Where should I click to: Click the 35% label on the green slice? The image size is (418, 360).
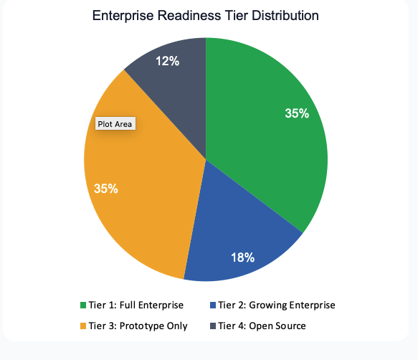[296, 113]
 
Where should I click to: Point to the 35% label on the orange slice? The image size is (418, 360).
[106, 189]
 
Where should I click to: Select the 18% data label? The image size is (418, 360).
[242, 257]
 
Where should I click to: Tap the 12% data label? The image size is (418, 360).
[167, 62]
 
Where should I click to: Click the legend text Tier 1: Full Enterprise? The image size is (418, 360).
[136, 305]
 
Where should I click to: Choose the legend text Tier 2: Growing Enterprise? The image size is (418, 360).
[276, 305]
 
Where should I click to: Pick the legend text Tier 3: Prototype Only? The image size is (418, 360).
[138, 326]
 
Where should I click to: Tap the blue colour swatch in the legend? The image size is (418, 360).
[212, 305]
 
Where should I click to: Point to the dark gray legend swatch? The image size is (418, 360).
[212, 326]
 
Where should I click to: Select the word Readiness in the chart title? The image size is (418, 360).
[187, 15]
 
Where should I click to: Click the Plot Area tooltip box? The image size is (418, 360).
[115, 123]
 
